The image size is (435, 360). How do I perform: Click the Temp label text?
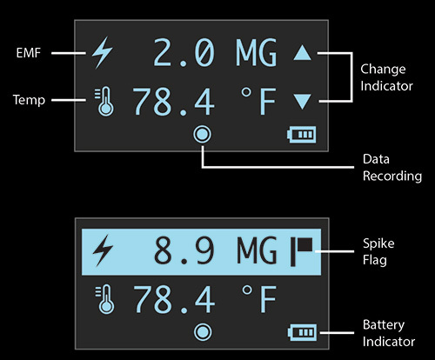[30, 100]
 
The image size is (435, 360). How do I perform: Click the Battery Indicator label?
[388, 333]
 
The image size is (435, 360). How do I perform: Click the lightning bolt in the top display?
[103, 54]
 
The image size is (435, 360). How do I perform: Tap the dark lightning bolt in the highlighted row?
[103, 251]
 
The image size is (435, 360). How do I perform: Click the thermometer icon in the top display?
[103, 101]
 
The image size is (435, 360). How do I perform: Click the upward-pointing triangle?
[302, 54]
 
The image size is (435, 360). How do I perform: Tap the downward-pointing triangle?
[302, 102]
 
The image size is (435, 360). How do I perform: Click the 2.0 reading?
[183, 54]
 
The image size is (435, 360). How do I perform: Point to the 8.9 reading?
[183, 251]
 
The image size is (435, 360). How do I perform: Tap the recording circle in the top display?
[204, 135]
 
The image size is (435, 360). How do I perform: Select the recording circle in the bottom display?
[204, 331]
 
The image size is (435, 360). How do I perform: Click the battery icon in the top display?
[303, 135]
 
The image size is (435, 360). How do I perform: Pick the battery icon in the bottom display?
[303, 331]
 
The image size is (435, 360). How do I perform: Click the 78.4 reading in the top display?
[173, 102]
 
